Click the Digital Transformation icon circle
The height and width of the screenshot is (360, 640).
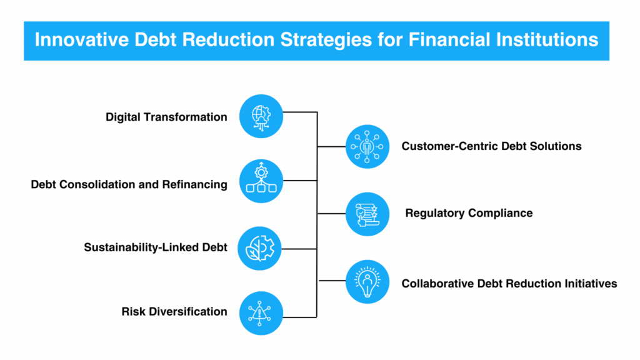pos(261,116)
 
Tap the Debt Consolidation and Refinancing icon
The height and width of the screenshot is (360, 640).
pos(261,181)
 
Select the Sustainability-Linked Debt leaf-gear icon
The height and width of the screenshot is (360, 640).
pos(259,248)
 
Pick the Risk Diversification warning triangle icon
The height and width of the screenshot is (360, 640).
pos(261,313)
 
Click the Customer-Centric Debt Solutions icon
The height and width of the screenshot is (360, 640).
pos(367,146)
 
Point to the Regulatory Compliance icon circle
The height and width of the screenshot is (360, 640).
pos(367,214)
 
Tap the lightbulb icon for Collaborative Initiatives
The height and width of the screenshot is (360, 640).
pos(367,282)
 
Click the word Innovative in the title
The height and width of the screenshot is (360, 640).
pos(82,40)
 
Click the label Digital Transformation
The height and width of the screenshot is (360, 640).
pos(166,117)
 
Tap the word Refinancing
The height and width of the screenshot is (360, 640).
pos(195,185)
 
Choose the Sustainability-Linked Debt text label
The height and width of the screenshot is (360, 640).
pos(156,247)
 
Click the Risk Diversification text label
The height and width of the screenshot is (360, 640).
pos(174,312)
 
